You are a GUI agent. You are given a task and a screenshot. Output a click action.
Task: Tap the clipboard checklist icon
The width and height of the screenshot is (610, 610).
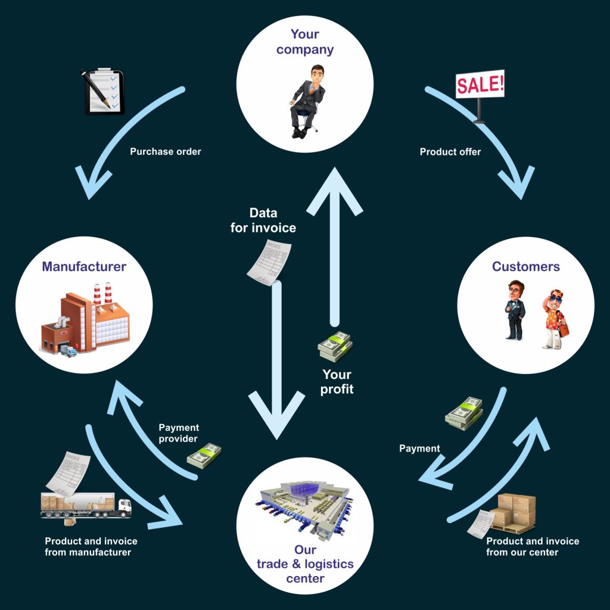[102, 91]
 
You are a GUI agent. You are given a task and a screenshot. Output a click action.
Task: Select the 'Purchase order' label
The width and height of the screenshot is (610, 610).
[166, 151]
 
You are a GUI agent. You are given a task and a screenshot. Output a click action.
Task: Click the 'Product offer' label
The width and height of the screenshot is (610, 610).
[450, 152]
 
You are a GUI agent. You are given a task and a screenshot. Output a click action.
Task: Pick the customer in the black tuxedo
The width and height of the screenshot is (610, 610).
[515, 310]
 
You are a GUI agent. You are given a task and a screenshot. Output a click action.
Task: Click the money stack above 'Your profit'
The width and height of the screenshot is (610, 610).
[335, 346]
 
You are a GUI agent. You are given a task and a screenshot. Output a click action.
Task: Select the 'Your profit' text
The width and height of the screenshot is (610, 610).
[337, 382]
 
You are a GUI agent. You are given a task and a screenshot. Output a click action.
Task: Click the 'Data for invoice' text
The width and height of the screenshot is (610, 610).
[263, 220]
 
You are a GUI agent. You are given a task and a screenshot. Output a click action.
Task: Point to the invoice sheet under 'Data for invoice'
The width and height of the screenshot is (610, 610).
[269, 262]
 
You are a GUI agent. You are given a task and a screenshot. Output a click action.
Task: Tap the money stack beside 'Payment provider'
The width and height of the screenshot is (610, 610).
[204, 456]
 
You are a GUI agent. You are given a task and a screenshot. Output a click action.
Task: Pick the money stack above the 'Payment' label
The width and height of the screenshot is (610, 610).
[464, 413]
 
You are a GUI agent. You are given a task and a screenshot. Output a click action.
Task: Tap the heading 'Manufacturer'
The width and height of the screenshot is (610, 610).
[84, 266]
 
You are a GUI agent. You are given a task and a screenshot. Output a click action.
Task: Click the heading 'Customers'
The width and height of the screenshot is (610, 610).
[525, 266]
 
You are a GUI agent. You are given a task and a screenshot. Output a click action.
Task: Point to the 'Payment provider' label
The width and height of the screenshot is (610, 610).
[179, 433]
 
